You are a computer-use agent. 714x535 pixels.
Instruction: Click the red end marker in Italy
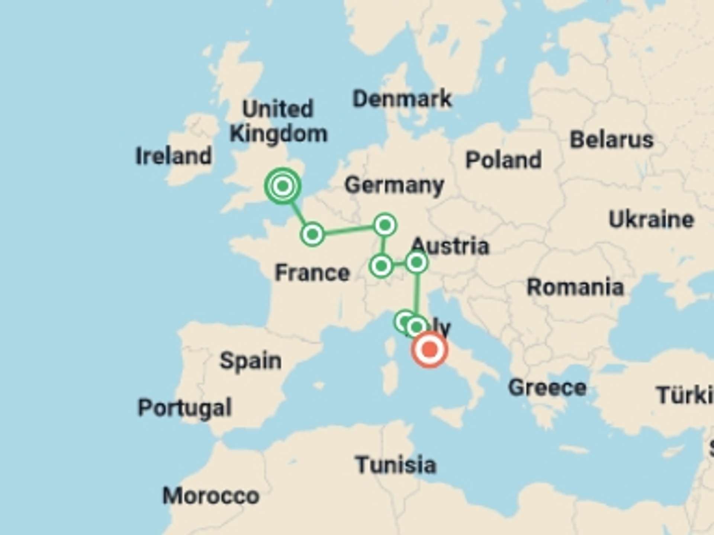click(x=430, y=350)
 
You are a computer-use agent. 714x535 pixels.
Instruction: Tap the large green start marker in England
click(x=283, y=185)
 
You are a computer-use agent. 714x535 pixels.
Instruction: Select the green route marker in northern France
click(x=312, y=234)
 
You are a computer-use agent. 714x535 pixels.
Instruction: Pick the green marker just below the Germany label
click(x=385, y=225)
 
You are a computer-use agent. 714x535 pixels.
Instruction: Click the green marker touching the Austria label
click(x=416, y=262)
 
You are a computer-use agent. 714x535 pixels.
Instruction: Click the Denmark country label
click(x=402, y=99)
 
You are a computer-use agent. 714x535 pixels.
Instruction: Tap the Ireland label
click(x=173, y=156)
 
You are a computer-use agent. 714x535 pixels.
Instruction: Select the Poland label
click(x=504, y=160)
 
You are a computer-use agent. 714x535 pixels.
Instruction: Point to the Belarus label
click(x=611, y=140)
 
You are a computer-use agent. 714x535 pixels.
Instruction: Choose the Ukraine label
click(x=651, y=220)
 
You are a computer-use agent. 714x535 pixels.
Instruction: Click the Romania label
click(x=575, y=287)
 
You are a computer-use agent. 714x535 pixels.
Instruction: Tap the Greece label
click(x=547, y=388)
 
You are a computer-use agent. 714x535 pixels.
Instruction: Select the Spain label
click(x=251, y=361)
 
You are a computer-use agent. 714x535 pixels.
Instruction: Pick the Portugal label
click(x=185, y=408)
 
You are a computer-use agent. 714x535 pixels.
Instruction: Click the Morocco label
click(x=211, y=496)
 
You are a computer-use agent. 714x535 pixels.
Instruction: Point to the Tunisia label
click(x=396, y=465)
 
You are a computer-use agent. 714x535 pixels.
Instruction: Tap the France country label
click(x=312, y=273)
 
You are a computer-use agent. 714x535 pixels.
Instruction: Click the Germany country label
click(x=394, y=185)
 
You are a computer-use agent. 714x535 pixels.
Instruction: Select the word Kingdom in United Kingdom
click(x=279, y=134)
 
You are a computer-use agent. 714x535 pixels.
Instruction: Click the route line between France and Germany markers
click(x=348, y=230)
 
